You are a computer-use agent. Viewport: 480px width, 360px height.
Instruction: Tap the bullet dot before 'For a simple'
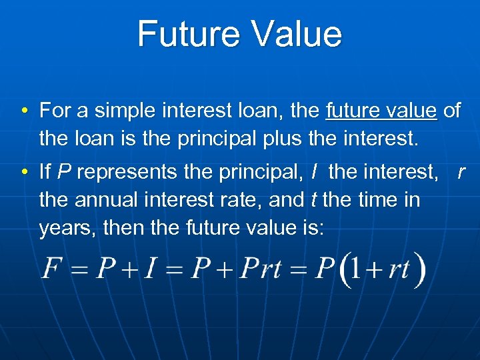23,111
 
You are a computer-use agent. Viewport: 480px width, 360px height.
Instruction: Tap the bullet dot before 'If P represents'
23,173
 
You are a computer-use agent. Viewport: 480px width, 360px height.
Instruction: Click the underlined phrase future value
381,110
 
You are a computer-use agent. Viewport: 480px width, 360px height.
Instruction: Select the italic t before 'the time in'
313,199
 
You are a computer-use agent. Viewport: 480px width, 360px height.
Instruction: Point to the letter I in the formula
151,269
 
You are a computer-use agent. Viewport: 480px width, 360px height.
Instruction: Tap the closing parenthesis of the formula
419,270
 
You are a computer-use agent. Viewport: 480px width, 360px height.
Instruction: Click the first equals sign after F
79,270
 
